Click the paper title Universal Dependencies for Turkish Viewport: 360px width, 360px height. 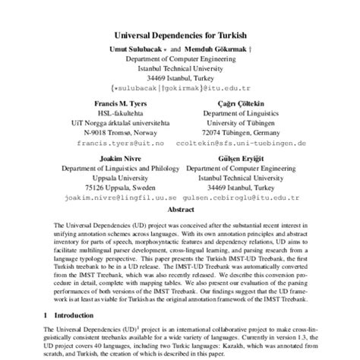[x=180, y=34]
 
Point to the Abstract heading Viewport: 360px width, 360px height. [x=180, y=207]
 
